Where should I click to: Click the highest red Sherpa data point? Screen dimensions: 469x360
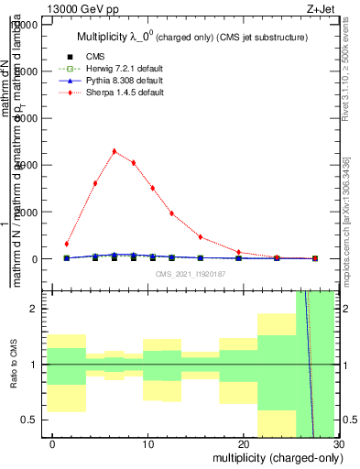coord(115,151)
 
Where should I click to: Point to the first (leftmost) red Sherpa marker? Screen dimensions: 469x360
coord(67,244)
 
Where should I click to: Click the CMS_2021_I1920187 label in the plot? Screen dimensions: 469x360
coord(191,273)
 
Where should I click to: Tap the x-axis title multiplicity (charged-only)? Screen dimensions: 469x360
coord(272,457)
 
